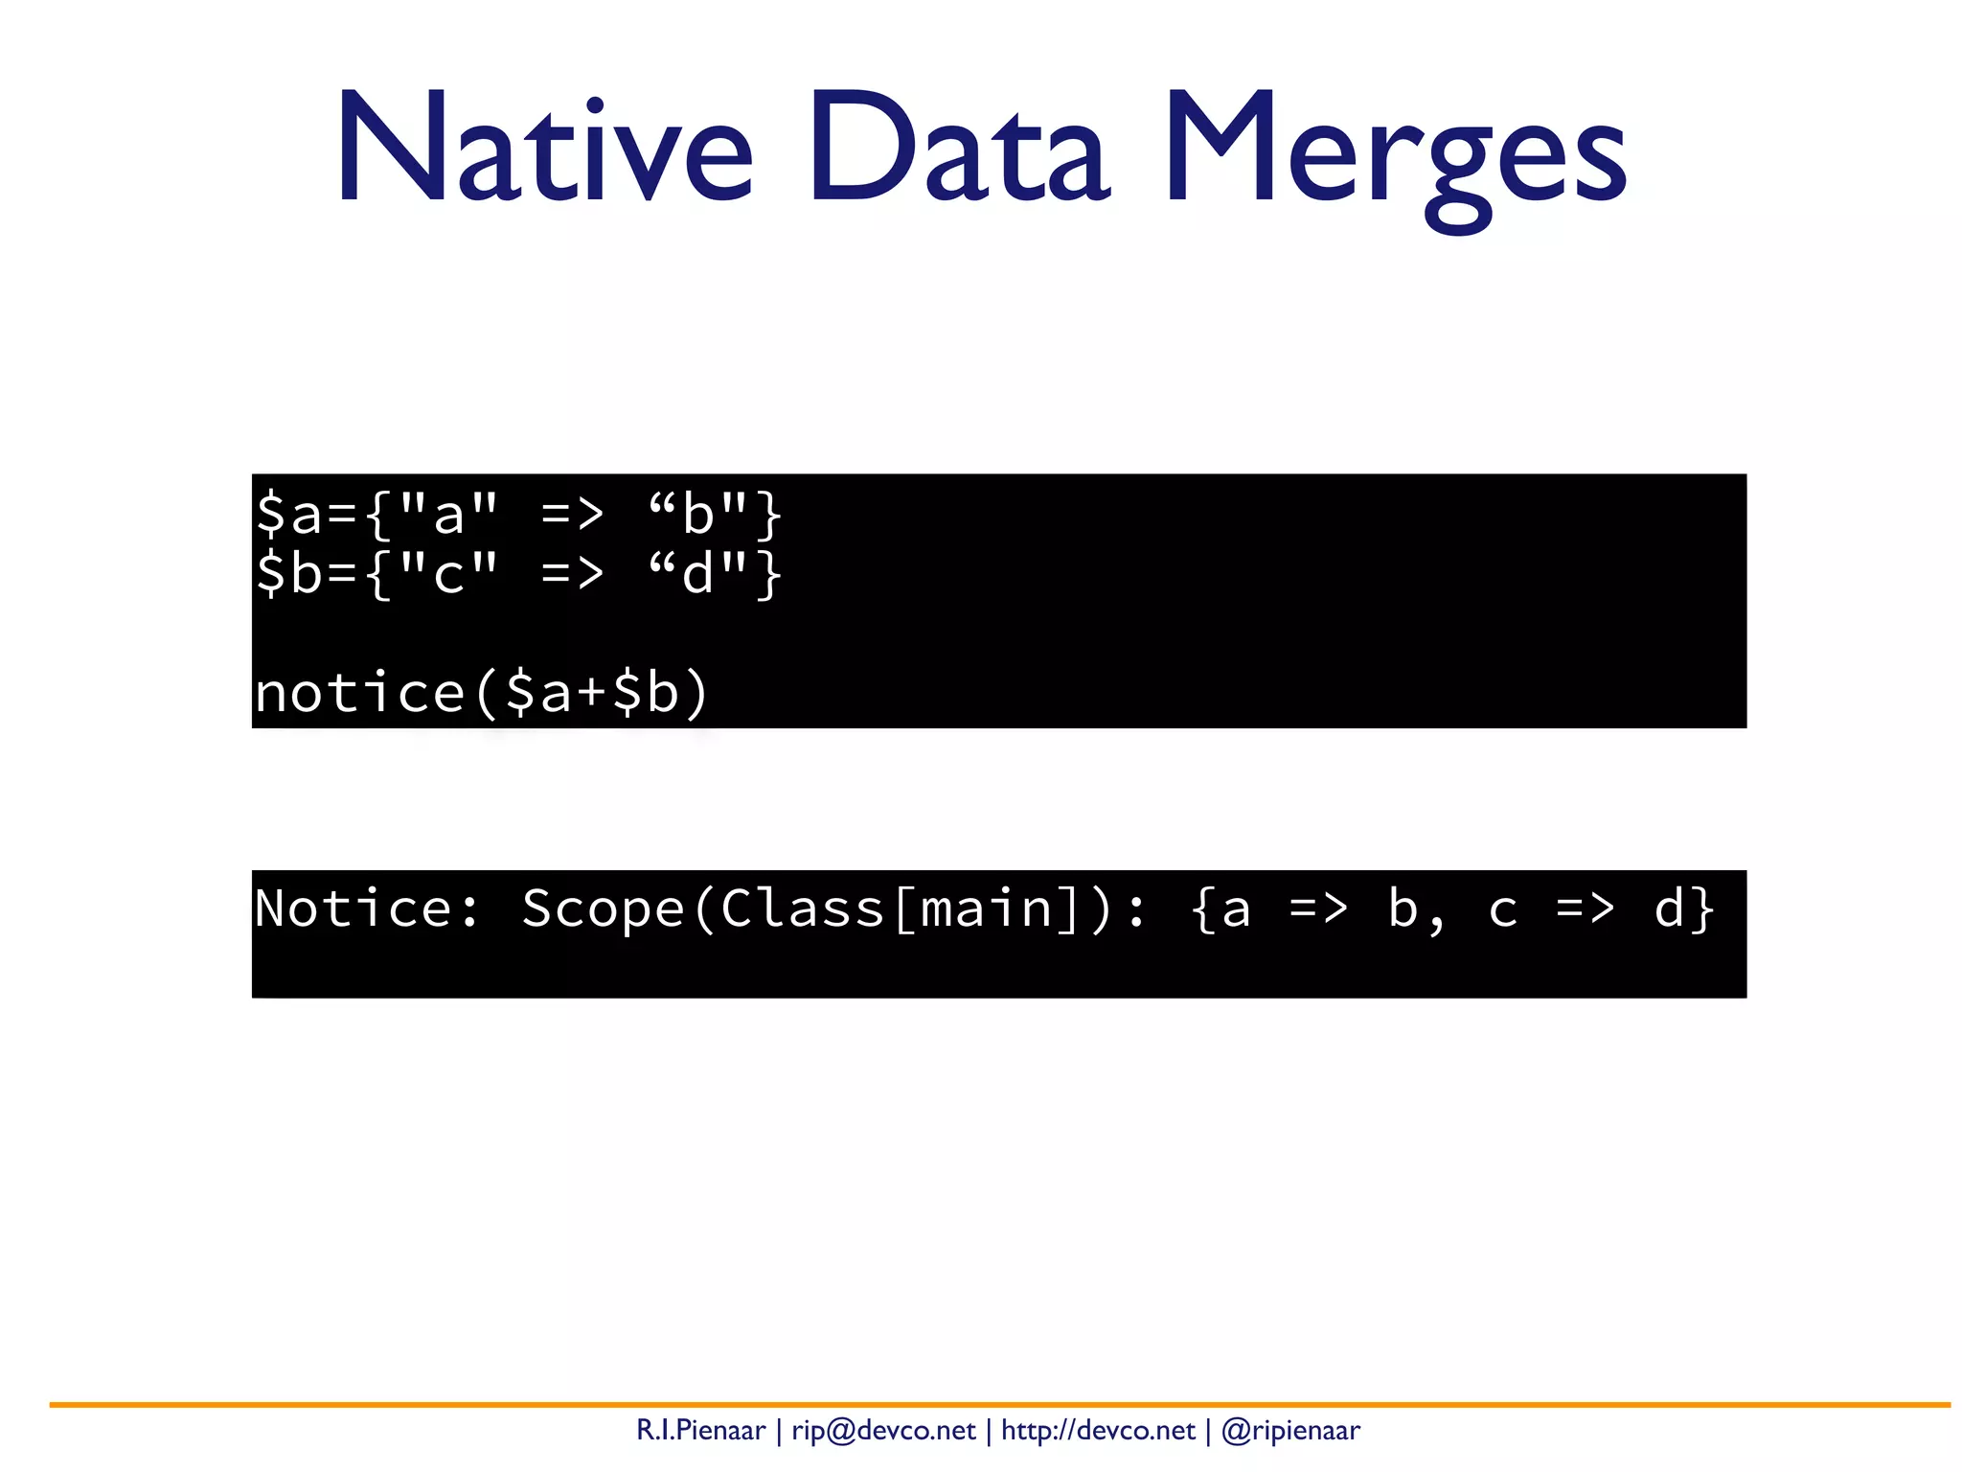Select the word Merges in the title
click(x=1394, y=153)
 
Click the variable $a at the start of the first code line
click(x=288, y=514)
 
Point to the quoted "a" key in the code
click(x=448, y=514)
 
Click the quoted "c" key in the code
click(x=448, y=573)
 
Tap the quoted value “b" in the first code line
click(x=697, y=514)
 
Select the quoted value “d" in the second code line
click(x=697, y=573)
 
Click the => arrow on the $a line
click(x=572, y=516)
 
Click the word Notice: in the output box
click(x=367, y=908)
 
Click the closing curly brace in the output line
click(x=1701, y=908)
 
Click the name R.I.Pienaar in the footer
click(x=700, y=1431)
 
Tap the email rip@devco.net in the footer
click(x=883, y=1431)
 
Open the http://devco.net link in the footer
click(x=1098, y=1431)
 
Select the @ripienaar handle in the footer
click(x=1290, y=1431)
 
